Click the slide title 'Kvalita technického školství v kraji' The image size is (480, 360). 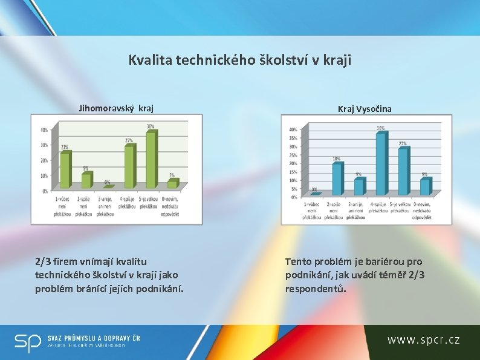pos(239,61)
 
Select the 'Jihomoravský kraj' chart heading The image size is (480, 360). pos(117,109)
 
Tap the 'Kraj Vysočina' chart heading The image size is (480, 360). pos(365,109)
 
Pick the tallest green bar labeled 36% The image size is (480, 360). pos(151,160)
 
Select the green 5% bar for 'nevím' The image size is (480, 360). pos(172,184)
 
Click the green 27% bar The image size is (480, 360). pos(129,166)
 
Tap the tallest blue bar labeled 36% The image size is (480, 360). pos(380,164)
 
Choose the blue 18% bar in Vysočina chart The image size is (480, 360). pos(337,178)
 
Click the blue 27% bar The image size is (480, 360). pos(403,171)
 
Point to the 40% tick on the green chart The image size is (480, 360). pos(44,130)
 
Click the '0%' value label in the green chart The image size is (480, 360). pos(107,182)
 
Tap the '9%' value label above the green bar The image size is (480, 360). pos(86,168)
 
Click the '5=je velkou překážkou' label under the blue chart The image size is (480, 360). pos(401,211)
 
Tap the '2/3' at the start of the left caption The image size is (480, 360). pos(42,262)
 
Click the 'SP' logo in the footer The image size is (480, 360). pos(28,343)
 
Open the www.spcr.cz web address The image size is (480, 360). pos(423,340)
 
